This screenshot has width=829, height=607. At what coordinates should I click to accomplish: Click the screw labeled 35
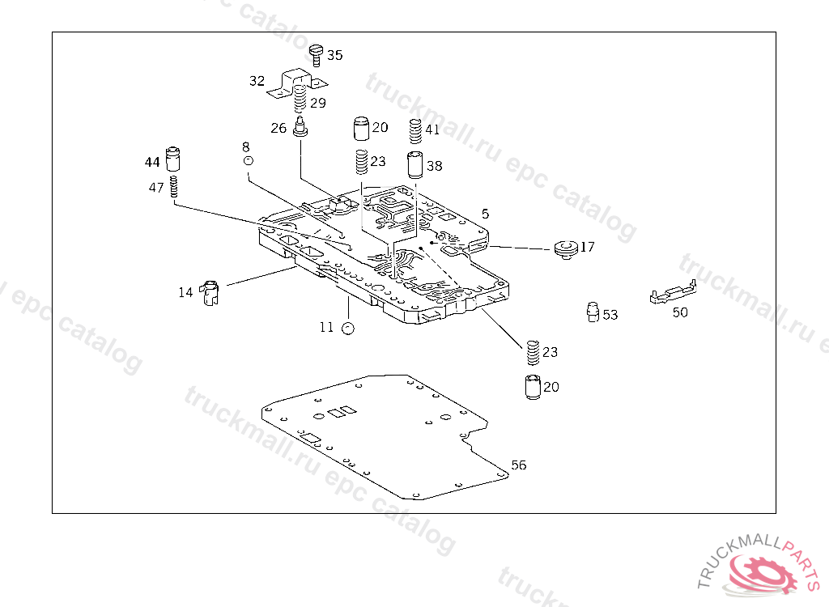[316, 56]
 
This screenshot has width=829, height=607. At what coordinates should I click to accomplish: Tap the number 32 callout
[257, 81]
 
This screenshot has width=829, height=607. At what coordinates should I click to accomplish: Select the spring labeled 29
[300, 99]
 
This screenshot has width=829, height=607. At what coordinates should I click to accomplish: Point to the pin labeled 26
[300, 127]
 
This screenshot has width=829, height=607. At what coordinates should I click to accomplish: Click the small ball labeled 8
[248, 160]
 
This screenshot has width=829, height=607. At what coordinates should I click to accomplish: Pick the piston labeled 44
[173, 159]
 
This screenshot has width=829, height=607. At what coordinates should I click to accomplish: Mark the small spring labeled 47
[173, 187]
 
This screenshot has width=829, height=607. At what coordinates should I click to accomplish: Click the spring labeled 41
[416, 131]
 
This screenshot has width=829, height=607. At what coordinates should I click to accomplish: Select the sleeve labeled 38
[415, 165]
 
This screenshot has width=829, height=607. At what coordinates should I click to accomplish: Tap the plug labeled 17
[566, 249]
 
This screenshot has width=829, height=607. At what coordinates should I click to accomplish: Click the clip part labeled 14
[210, 293]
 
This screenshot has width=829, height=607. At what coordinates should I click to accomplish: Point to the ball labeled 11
[347, 329]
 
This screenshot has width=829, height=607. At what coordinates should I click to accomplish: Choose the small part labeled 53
[593, 312]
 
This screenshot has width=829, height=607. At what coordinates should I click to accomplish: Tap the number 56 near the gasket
[519, 465]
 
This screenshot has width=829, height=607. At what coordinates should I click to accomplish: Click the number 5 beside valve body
[486, 214]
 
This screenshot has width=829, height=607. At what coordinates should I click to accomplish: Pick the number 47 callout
[156, 188]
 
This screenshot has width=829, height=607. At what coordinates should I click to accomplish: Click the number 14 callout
[185, 292]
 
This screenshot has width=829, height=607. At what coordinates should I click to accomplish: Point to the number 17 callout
[588, 247]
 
